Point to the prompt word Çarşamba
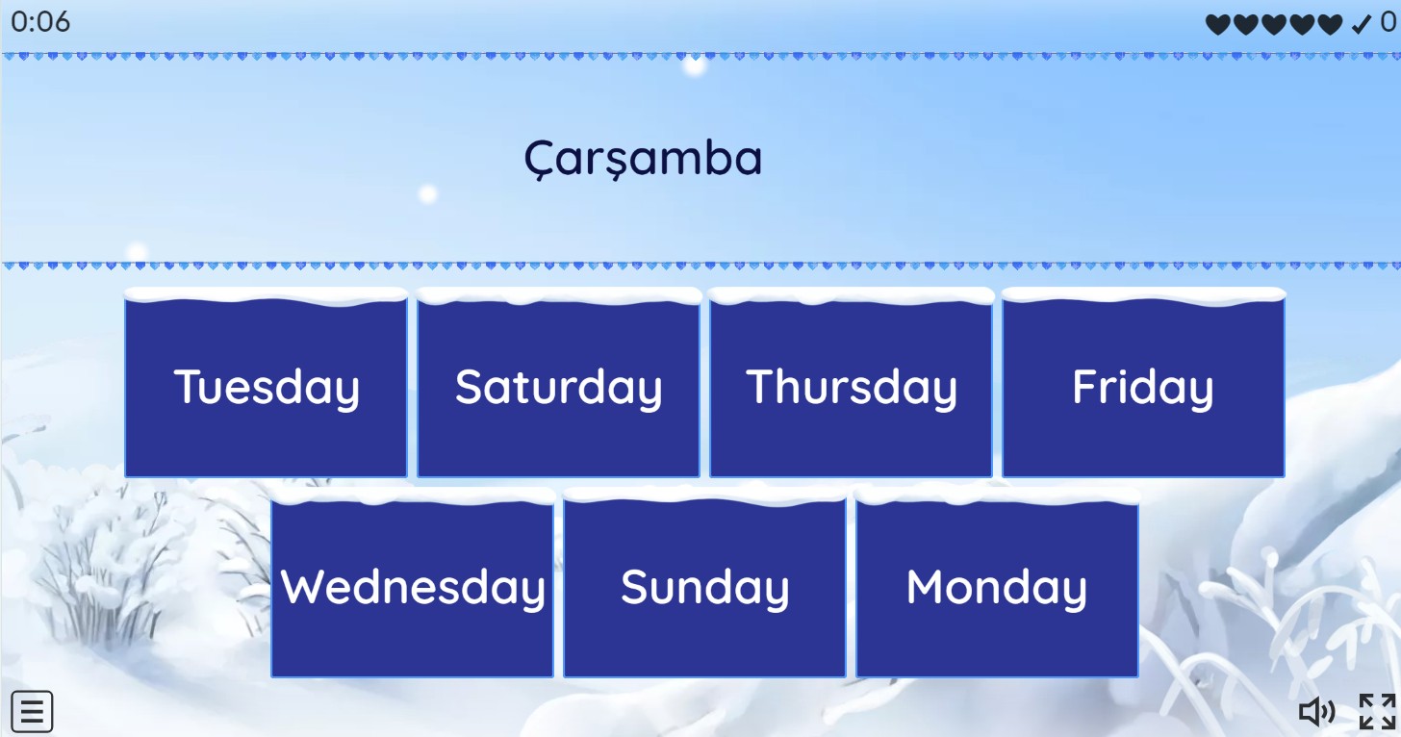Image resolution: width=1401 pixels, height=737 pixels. (643, 159)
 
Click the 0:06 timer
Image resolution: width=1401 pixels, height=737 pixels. (40, 22)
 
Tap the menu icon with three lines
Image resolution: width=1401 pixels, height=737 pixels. (32, 711)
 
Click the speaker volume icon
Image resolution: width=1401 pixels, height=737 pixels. (1317, 712)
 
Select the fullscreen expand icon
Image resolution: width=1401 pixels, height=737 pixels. (1378, 711)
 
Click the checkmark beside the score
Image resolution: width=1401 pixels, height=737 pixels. (1361, 24)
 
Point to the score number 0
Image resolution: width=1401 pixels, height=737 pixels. (1388, 22)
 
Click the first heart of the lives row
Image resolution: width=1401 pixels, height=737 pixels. (1218, 24)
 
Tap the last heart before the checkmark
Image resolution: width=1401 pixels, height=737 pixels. (1330, 24)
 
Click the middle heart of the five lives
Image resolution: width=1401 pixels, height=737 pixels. (1274, 24)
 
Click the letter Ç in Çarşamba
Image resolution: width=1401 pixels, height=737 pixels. (539, 160)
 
